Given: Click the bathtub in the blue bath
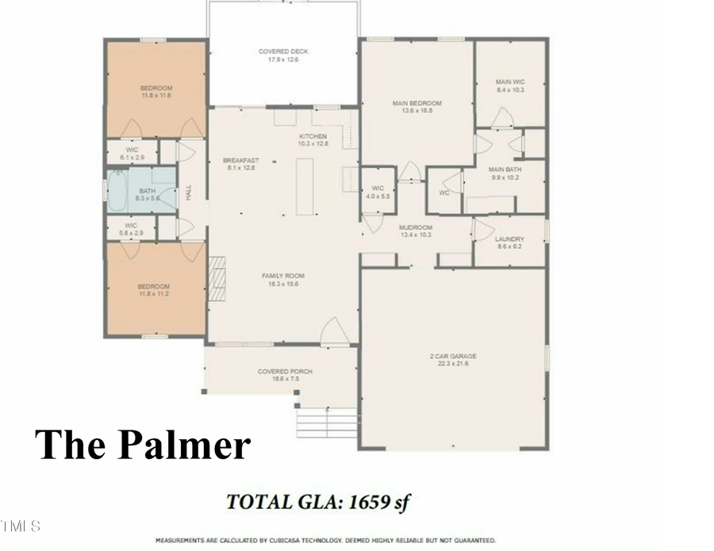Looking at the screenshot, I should tap(117, 191).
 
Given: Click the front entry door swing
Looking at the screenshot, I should tap(335, 332).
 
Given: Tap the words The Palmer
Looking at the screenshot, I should tap(143, 444).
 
